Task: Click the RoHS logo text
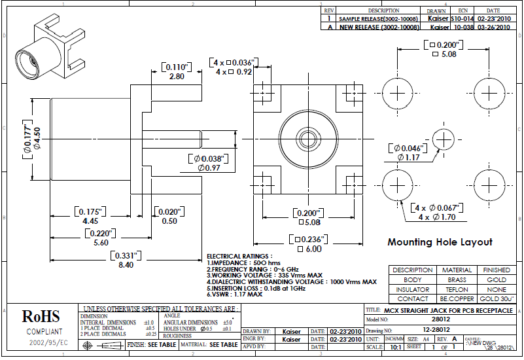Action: (x=41, y=317)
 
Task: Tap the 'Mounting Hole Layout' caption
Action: (x=440, y=242)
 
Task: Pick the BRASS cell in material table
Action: (x=457, y=279)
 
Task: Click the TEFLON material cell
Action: (x=457, y=289)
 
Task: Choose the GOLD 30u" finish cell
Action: (x=497, y=298)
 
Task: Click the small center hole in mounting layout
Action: (x=444, y=139)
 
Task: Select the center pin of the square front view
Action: (x=307, y=137)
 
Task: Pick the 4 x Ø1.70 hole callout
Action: (x=437, y=217)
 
